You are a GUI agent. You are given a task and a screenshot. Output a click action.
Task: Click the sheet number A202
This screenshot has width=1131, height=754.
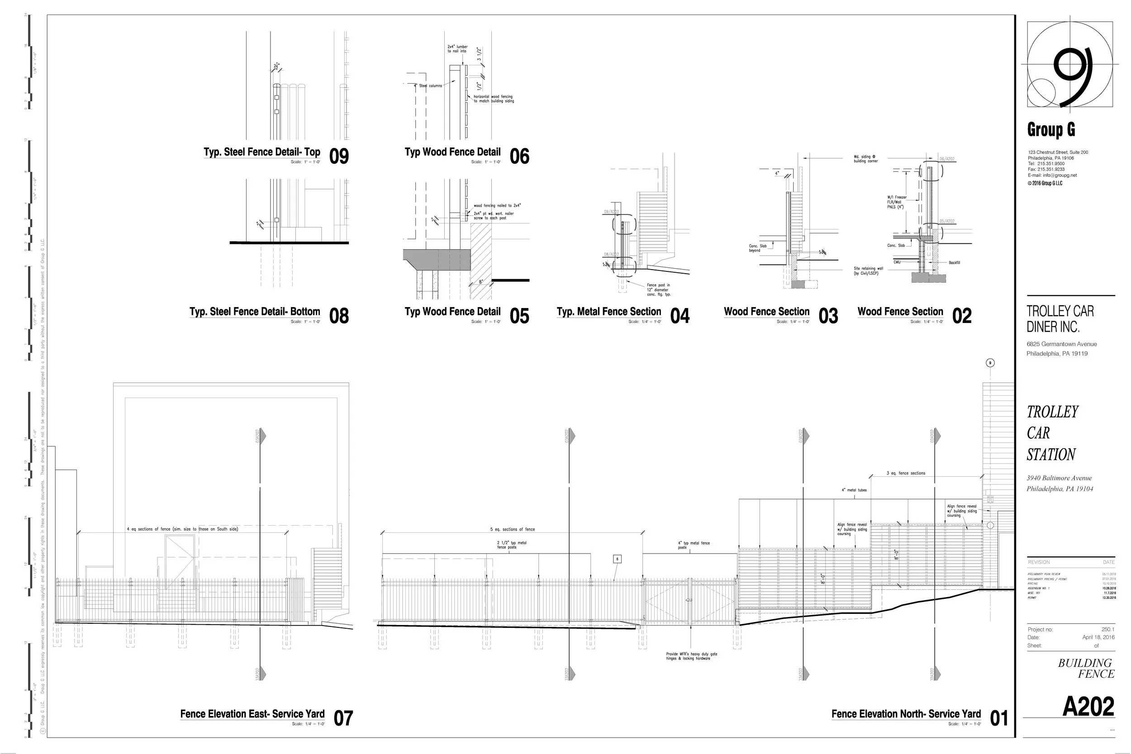(x=1088, y=707)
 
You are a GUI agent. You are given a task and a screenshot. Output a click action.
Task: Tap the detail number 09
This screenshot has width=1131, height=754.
(x=339, y=156)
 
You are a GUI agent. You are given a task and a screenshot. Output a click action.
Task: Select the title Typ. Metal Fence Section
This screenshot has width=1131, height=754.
(x=609, y=312)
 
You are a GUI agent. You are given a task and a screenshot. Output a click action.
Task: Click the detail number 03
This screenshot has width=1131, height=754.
(x=828, y=316)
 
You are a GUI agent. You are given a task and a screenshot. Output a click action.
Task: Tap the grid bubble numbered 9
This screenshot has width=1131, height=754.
(x=990, y=363)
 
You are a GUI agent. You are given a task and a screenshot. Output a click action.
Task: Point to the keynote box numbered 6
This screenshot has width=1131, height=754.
(x=618, y=559)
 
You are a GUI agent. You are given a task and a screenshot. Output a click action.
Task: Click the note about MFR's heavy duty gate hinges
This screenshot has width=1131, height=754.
(x=691, y=656)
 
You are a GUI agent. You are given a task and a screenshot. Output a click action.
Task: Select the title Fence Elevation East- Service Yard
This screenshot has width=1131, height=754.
(x=252, y=714)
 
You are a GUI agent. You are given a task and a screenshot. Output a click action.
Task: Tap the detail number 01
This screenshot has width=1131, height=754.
(x=999, y=718)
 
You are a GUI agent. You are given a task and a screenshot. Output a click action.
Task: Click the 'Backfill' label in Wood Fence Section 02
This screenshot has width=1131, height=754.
(x=954, y=262)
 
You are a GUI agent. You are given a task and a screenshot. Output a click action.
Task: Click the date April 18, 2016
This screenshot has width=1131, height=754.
(x=1098, y=637)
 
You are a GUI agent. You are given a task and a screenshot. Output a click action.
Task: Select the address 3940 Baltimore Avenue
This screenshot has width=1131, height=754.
(x=1059, y=478)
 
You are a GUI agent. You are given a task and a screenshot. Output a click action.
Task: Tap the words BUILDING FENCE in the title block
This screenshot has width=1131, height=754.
(x=1086, y=669)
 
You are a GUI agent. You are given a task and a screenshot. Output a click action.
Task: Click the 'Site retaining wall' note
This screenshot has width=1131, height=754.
(x=869, y=271)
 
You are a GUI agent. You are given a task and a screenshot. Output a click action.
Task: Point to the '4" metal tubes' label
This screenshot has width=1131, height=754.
(x=854, y=490)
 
